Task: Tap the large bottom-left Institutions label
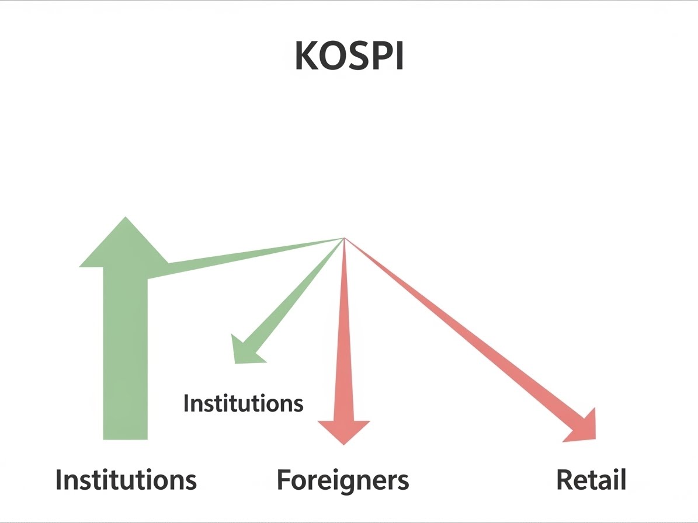click(126, 480)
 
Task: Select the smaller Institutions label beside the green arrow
click(243, 403)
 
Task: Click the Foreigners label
click(343, 480)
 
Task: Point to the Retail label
click(591, 480)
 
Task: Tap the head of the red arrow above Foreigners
click(344, 430)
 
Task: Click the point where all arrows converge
click(344, 238)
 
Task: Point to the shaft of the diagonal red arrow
click(461, 333)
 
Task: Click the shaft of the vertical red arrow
click(344, 339)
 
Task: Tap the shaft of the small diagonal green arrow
click(292, 298)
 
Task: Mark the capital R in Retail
click(565, 480)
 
